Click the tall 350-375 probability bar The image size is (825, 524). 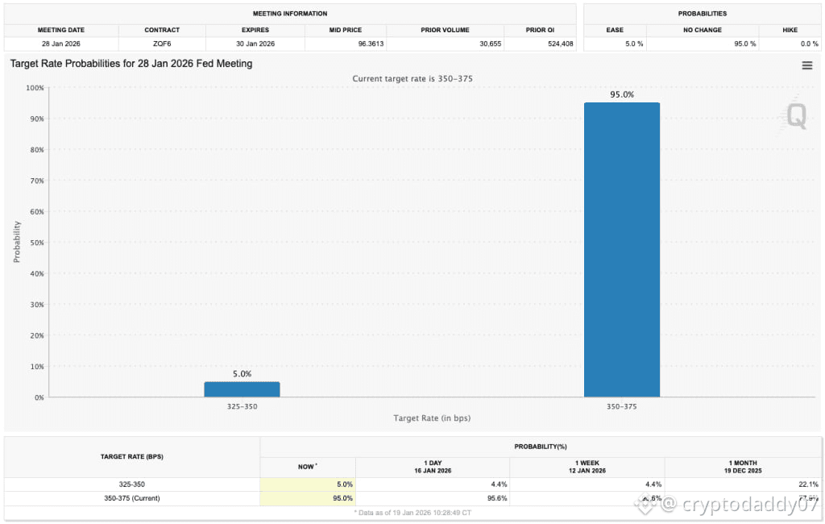621,250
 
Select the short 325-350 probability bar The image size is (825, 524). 242,389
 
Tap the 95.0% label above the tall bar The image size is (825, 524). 621,94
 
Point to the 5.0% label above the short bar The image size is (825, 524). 242,374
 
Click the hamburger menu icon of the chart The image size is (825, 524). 806,65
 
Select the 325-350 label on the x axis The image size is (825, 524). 242,407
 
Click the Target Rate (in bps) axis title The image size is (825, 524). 432,418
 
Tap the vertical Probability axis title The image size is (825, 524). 16,243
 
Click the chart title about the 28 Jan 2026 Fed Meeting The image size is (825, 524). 131,64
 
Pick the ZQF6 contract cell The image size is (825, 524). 162,44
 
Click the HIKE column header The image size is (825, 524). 790,30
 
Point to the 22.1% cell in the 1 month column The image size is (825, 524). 807,484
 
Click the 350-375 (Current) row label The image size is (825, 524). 132,498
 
